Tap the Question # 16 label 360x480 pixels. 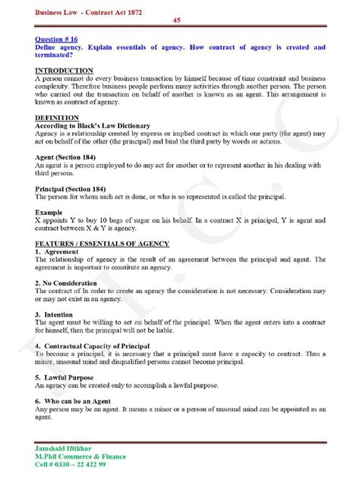pyautogui.click(x=61, y=37)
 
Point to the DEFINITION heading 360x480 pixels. pyautogui.click(x=57, y=118)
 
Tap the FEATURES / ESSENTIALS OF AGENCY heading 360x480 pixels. pyautogui.click(x=103, y=244)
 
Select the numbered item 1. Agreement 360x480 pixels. pyautogui.click(x=56, y=251)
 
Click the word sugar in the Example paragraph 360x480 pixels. pyautogui.click(x=173, y=221)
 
